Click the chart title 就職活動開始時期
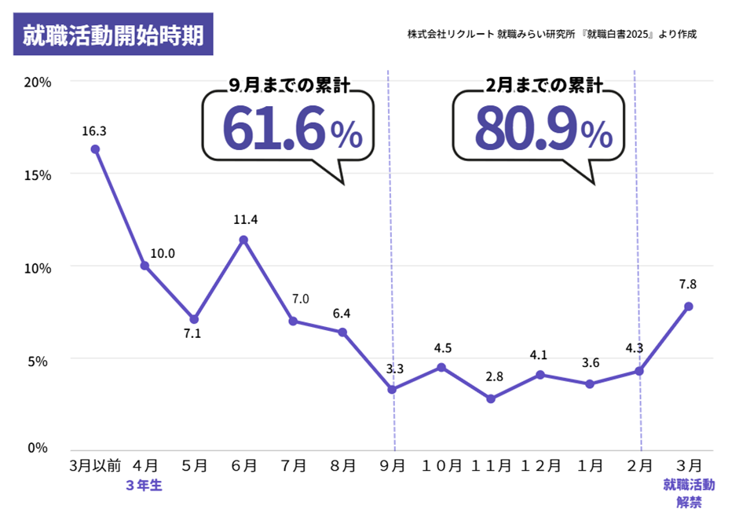pos(113,35)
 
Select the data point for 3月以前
pos(95,149)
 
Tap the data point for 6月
pos(244,240)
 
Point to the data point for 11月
pos(491,398)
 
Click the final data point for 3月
pos(689,306)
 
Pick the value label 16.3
pos(94,130)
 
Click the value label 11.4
pos(245,220)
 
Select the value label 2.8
pos(494,376)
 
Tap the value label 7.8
pos(688,285)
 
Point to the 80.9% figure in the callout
pos(543,129)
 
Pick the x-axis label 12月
pos(541,465)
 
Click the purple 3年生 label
pos(144,486)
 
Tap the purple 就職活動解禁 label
pos(689,493)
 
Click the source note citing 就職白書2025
pos(552,35)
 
